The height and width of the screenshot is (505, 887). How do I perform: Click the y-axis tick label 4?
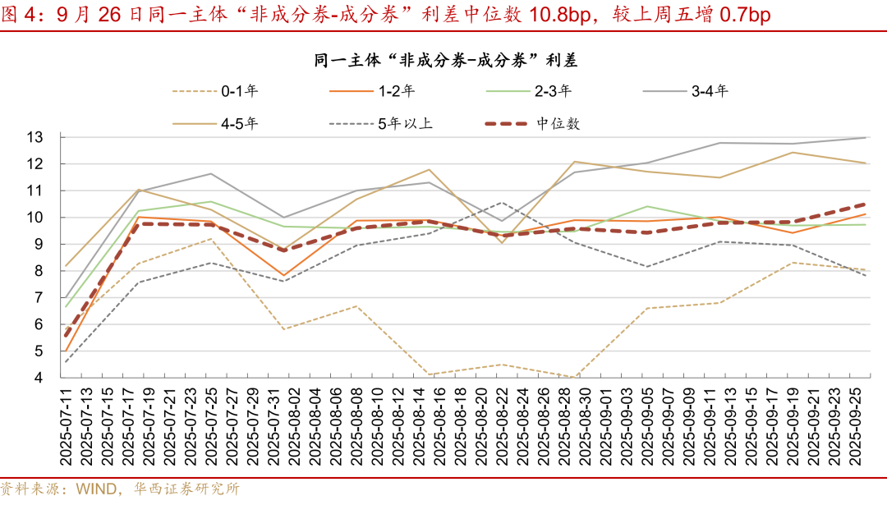[x=48, y=379]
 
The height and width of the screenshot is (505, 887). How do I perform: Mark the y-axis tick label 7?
[x=48, y=298]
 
